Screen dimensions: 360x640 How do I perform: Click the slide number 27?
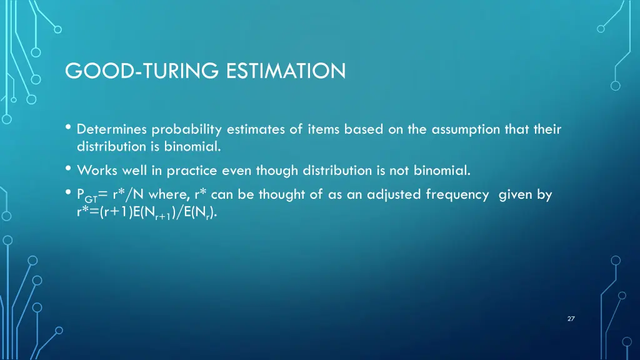(x=571, y=319)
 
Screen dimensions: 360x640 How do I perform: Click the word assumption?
(x=447, y=130)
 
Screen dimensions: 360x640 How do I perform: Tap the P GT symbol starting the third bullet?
(x=87, y=196)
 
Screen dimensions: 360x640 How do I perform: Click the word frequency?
(x=457, y=194)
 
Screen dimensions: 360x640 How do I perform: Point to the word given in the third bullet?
(x=515, y=194)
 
